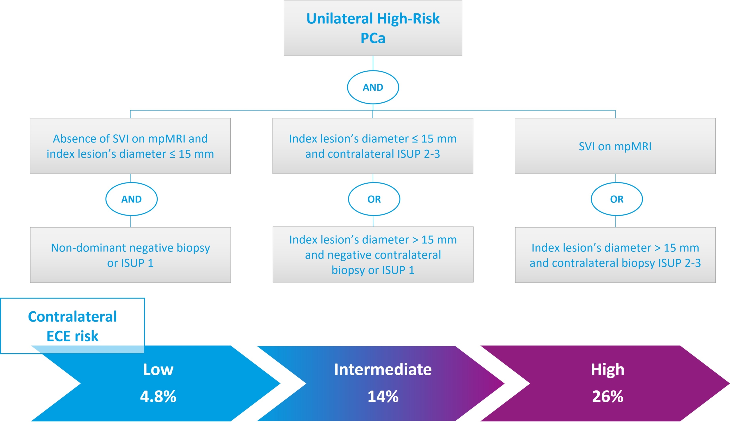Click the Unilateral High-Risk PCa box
[x=373, y=28]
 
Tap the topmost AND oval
[x=373, y=87]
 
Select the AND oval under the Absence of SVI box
[x=131, y=199]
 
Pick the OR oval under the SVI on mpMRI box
[x=617, y=199]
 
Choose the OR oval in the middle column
[x=374, y=199]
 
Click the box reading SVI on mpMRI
[x=615, y=146]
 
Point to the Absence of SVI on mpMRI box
[x=130, y=146]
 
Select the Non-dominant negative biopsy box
[x=130, y=255]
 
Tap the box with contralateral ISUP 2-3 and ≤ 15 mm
[x=373, y=146]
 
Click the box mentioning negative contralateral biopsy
[x=373, y=255]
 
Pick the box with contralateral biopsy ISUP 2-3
[x=615, y=255]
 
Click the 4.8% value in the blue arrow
[x=158, y=397]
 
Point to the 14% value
[x=383, y=397]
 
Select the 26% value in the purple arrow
[x=608, y=397]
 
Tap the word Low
[x=158, y=370]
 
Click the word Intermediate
[x=383, y=370]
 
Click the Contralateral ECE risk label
[x=72, y=326]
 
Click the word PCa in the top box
[x=373, y=38]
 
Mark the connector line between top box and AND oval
[x=373, y=63]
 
